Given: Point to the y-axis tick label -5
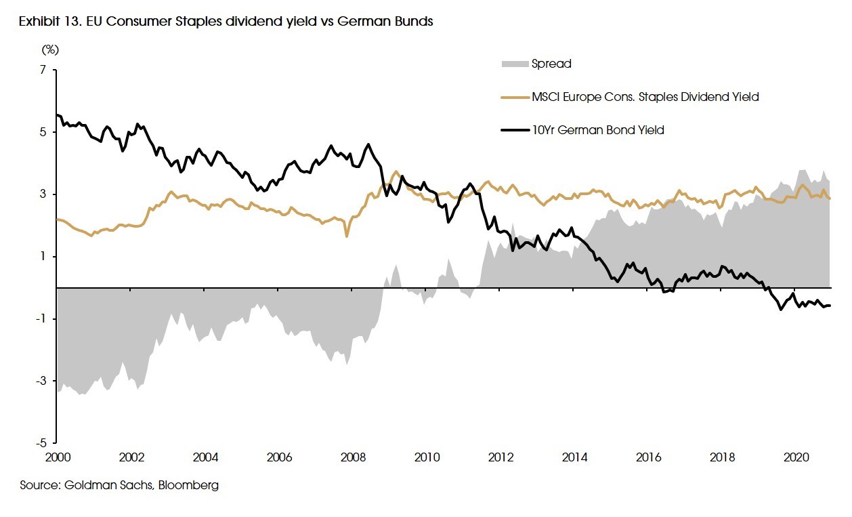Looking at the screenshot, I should pyautogui.click(x=41, y=443).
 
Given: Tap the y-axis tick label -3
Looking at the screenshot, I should pyautogui.click(x=41, y=381).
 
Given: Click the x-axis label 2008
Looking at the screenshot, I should pyautogui.click(x=354, y=457).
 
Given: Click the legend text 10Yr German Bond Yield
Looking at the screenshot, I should pyautogui.click(x=598, y=130).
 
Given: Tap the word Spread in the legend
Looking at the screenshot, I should pyautogui.click(x=551, y=64).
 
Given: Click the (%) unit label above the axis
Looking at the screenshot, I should pyautogui.click(x=51, y=49).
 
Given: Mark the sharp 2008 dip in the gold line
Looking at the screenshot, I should pyautogui.click(x=347, y=236).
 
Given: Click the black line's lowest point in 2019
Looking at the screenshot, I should pyautogui.click(x=781, y=310).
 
